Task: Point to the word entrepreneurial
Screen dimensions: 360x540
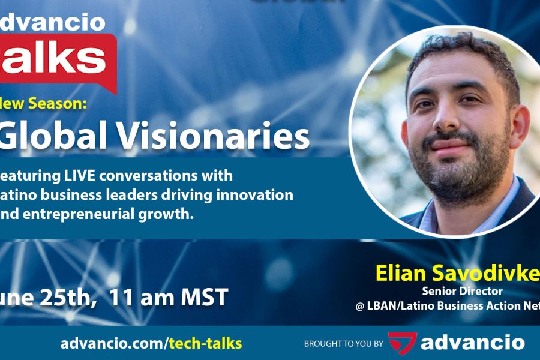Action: [84, 214]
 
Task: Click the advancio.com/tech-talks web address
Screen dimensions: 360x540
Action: [151, 343]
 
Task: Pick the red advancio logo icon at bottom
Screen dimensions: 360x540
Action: [402, 343]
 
